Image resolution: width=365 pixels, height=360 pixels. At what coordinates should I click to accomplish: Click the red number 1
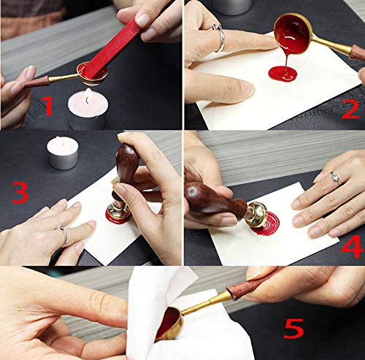[x=47, y=107]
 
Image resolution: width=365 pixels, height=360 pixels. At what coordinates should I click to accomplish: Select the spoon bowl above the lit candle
[x=93, y=72]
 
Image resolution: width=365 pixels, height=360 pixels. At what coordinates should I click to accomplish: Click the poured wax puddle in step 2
[x=283, y=74]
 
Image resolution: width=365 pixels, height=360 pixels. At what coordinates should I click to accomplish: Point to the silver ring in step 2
[x=218, y=35]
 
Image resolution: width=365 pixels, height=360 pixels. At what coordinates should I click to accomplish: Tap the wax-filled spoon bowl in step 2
[x=293, y=35]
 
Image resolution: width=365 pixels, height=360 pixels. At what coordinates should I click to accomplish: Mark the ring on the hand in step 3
[x=64, y=235]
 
